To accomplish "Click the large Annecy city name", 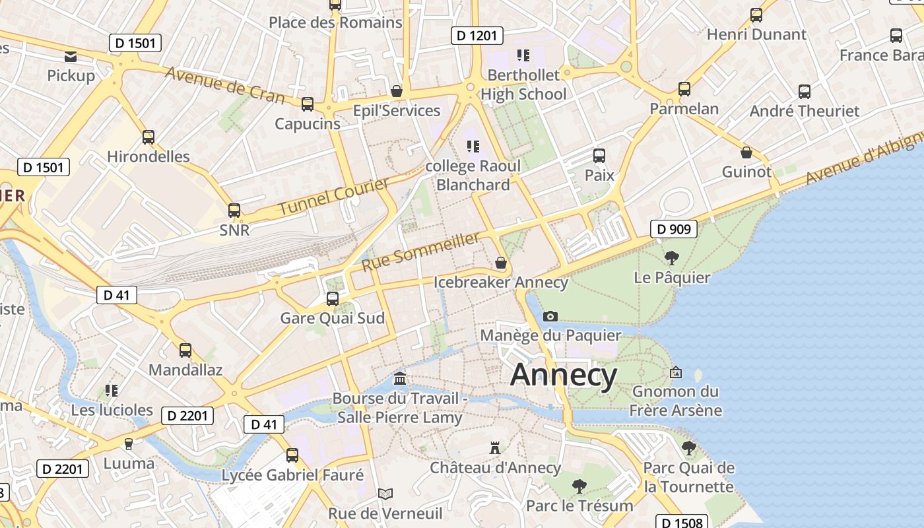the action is [x=564, y=375].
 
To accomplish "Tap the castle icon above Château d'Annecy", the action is [x=494, y=448].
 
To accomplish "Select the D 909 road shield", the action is [x=674, y=229].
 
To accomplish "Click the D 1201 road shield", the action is [x=477, y=36].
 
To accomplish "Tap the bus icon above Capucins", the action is [x=308, y=104].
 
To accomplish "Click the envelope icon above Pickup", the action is [x=71, y=56].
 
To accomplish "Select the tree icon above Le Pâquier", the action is [x=672, y=257].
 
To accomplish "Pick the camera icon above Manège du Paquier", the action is [x=550, y=316].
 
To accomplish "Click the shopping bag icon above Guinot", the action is [x=746, y=152].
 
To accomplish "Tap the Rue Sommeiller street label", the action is [x=420, y=251].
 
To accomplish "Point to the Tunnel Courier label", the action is [x=333, y=196].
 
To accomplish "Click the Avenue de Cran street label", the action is [x=224, y=84].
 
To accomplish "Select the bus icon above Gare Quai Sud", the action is [x=333, y=298].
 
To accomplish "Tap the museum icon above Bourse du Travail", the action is [x=400, y=379].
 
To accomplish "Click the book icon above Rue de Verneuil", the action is [x=385, y=494].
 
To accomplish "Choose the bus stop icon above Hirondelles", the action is [x=148, y=137].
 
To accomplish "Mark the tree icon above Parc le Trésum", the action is [x=579, y=486].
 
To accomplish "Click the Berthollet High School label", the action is [x=523, y=84].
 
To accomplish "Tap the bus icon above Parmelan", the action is [x=684, y=88].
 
